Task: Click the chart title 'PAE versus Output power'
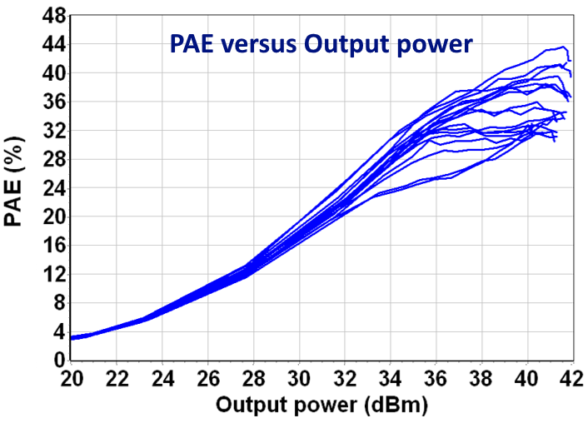(x=321, y=43)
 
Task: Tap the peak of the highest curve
(x=564, y=47)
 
